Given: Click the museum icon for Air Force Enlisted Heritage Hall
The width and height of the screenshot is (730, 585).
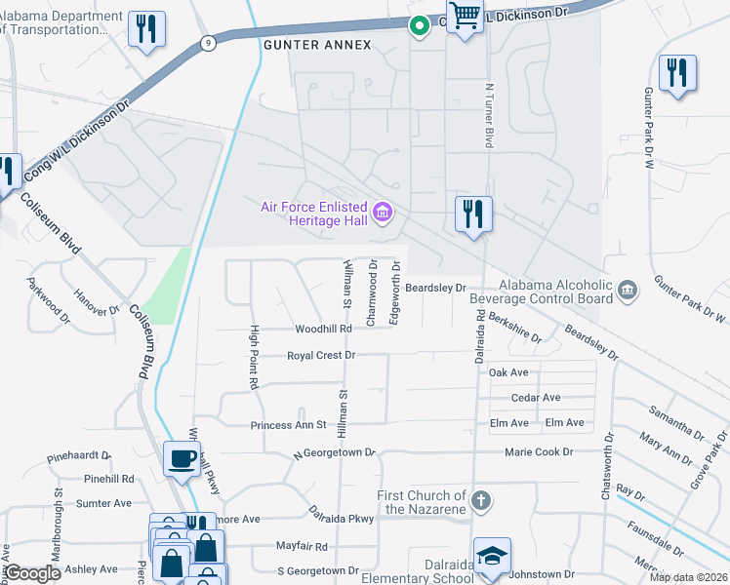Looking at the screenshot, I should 383,212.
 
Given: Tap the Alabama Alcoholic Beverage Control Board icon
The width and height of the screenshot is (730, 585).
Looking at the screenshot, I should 629,289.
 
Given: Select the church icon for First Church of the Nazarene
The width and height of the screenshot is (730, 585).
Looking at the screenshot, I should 479,501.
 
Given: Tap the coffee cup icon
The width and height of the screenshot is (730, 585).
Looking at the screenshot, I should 182,459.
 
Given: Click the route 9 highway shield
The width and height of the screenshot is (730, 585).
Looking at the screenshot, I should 208,43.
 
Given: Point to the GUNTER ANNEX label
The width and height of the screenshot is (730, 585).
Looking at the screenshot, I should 303,45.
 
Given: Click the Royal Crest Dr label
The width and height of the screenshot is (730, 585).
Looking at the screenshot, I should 321,356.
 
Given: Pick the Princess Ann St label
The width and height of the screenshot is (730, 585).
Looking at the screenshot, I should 288,425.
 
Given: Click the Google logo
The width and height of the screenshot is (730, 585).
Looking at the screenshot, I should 32,574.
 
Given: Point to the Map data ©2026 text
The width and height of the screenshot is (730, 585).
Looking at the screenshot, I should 688,577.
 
